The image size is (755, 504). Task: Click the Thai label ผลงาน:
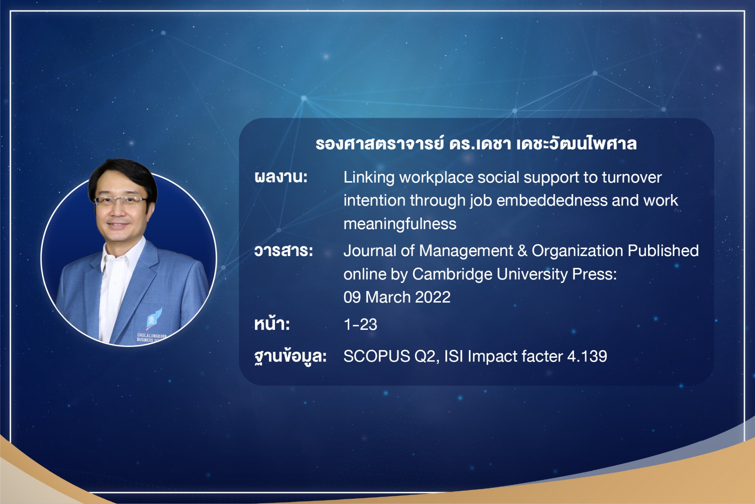tap(281, 177)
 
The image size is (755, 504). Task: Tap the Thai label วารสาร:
tap(283, 251)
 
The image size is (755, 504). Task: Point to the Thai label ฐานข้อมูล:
tap(290, 356)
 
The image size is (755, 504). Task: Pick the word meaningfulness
tap(400, 224)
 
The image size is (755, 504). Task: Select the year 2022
tap(432, 297)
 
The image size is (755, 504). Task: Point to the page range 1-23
tap(360, 325)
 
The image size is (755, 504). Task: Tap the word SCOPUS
tap(377, 356)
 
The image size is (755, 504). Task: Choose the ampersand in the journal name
tap(522, 251)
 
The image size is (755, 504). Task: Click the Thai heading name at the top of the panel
tap(476, 144)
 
